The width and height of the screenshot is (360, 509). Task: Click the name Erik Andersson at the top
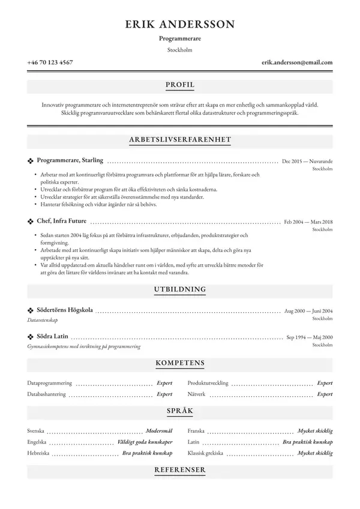point(180,24)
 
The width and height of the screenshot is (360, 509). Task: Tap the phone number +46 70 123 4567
point(50,62)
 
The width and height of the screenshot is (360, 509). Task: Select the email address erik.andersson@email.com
point(297,62)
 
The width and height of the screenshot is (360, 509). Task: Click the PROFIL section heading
point(180,85)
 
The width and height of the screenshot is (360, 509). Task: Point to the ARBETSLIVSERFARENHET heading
point(180,140)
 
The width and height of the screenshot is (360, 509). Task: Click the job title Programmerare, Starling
point(70,161)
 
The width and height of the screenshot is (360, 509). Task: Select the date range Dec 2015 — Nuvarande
point(307,162)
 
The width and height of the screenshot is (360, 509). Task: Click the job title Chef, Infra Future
point(62,221)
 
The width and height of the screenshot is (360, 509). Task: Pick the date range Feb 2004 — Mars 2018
point(308,222)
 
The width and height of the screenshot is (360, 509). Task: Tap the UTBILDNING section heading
point(180,289)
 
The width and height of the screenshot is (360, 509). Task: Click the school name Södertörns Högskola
point(65,310)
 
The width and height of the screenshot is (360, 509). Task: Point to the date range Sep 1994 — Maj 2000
point(310,337)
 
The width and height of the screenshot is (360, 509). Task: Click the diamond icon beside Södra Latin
point(31,337)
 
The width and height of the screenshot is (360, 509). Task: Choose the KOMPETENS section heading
point(180,363)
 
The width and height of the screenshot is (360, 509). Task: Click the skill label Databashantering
point(47,394)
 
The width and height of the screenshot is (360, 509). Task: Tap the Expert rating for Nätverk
point(325,394)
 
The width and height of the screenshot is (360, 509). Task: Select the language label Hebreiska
point(38,453)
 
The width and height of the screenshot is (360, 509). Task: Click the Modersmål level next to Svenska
point(159,431)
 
